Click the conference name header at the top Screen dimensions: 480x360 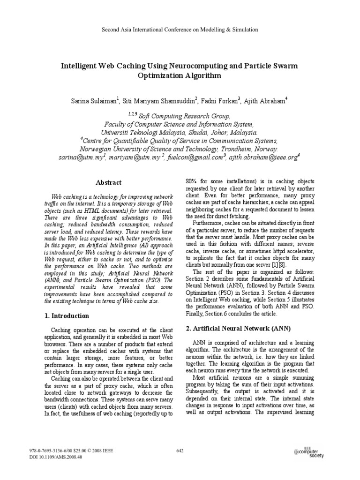tap(180, 30)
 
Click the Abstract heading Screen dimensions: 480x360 tap(109, 182)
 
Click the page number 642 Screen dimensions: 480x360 tap(180, 451)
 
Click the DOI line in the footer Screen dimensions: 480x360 tap(56, 457)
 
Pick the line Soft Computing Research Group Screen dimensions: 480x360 tap(180, 116)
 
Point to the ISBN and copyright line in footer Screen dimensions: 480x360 tap(71, 450)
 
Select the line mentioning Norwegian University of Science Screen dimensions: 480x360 tap(180, 150)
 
